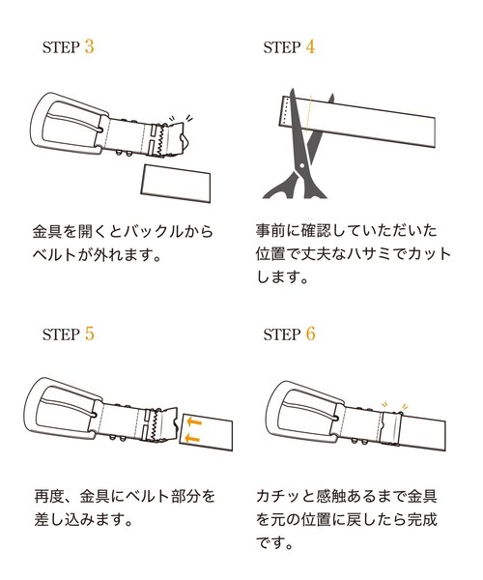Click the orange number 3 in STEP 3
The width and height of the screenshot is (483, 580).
coord(90,46)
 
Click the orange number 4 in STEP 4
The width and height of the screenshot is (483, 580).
coord(310,46)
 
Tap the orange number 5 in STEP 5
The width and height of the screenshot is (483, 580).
coord(90,334)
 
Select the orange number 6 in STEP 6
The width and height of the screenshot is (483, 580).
coord(310,334)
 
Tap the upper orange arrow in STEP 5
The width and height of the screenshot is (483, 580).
coord(193,421)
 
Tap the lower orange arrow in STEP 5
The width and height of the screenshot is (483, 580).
coord(193,438)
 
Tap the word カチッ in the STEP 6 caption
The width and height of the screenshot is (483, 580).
coord(282,497)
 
